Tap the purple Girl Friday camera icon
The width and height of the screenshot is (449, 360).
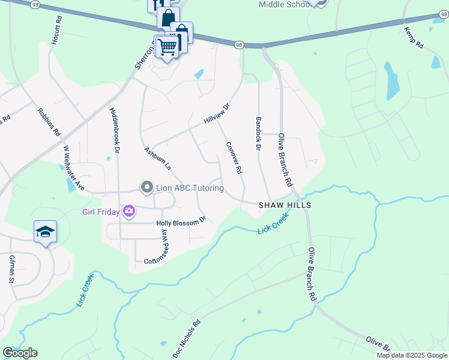click(x=128, y=211)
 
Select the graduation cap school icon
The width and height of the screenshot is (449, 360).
click(x=45, y=232)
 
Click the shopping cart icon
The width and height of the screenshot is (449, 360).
click(x=168, y=46)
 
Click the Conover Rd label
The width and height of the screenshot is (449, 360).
click(x=234, y=158)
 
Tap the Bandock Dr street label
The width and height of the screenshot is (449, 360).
click(x=259, y=133)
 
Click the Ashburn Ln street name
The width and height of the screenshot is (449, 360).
click(x=157, y=157)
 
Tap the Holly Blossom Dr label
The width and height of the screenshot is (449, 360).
click(x=181, y=223)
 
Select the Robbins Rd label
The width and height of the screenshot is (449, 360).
click(x=49, y=121)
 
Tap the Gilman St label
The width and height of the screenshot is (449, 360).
click(x=12, y=269)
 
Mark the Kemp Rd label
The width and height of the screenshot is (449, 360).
click(x=414, y=37)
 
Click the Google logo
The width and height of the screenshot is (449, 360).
click(x=20, y=352)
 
